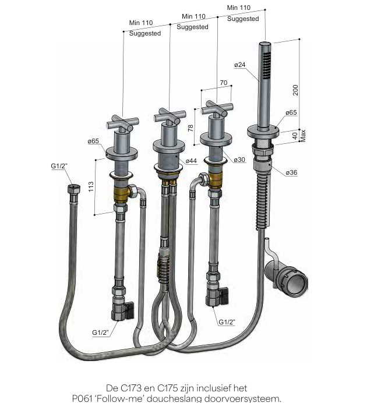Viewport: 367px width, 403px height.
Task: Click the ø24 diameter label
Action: click(240, 65)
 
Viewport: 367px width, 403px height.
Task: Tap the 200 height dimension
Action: click(295, 90)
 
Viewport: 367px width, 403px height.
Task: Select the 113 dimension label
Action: click(91, 186)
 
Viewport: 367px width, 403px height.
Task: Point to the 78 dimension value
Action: click(190, 128)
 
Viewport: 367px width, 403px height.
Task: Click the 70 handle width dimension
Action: click(224, 83)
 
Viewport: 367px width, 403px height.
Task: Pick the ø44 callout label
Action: click(191, 161)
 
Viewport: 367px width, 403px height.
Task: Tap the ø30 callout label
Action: click(239, 160)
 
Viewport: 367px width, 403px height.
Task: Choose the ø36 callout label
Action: click(292, 172)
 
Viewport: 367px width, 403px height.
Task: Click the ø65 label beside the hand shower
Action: click(291, 112)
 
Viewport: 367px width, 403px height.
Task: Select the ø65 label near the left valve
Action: click(93, 141)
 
